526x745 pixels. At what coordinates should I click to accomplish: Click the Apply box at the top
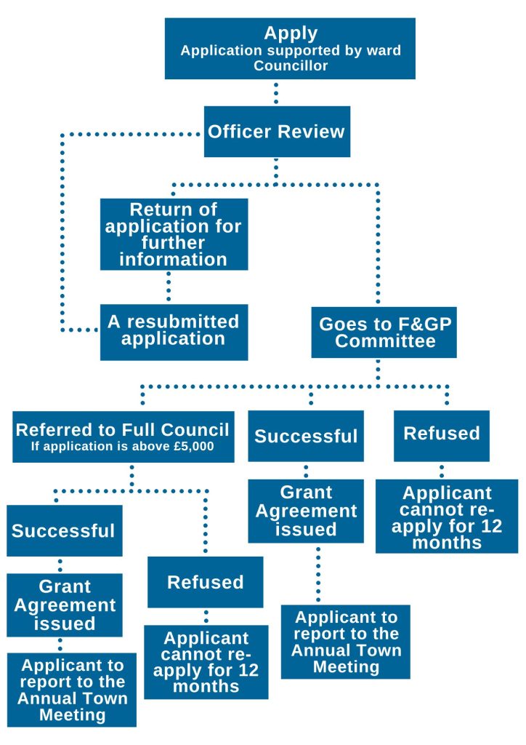coord(290,48)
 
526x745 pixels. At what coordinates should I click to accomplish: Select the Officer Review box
coord(277,132)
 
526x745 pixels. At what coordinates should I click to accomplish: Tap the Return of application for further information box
coord(174,234)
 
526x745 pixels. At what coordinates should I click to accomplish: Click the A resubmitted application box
coord(174,332)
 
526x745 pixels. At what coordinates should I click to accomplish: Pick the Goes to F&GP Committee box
coord(384,332)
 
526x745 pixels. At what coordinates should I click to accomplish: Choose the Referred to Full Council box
coord(124,437)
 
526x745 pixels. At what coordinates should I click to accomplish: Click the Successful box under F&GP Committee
coord(306,436)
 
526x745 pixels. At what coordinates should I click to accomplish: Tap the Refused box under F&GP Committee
coord(442,434)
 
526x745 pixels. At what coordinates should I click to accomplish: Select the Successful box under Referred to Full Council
coord(64,530)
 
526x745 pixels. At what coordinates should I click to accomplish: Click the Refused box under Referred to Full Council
coord(206,582)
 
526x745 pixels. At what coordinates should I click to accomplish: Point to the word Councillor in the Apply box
coord(291,65)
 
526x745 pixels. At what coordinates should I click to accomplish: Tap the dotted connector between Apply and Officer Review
coord(277,92)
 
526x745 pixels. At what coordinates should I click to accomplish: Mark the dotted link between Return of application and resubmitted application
coord(169,287)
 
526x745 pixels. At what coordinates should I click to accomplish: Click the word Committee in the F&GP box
coord(384,341)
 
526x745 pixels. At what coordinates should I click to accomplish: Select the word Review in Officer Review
coord(309,132)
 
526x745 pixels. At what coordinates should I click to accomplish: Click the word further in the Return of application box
coord(174,242)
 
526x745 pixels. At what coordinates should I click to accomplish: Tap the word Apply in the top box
coord(291,33)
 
